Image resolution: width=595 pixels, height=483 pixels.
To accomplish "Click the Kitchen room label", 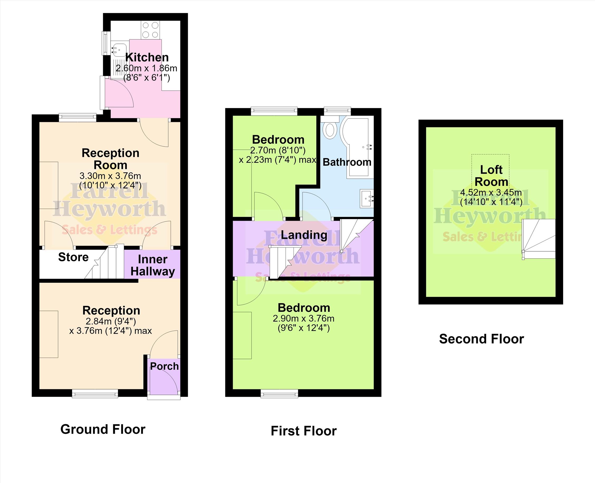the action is point(147,57).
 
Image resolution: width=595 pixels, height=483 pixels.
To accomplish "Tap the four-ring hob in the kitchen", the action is point(150,30).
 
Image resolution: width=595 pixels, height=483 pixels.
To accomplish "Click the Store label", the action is point(73,257).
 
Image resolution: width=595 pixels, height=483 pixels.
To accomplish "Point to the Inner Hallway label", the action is point(153,266).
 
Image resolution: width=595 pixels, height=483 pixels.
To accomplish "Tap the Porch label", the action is point(164,366).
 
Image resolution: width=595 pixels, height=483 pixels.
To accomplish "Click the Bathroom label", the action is point(347,162).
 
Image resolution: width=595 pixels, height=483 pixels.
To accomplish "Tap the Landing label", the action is point(304,235).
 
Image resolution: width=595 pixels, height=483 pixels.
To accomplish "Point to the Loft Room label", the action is point(491,176).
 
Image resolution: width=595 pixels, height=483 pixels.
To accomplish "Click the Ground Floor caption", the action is point(103,429).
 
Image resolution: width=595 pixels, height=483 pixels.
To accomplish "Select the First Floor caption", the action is point(304,431).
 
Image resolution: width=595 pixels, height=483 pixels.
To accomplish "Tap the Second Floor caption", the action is point(482,339).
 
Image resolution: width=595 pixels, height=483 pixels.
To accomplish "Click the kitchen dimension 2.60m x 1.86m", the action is point(146,68).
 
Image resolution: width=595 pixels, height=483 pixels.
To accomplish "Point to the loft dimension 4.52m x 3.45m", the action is point(491,192).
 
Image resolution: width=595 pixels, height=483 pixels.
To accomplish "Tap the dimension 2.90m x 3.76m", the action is point(304,318).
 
